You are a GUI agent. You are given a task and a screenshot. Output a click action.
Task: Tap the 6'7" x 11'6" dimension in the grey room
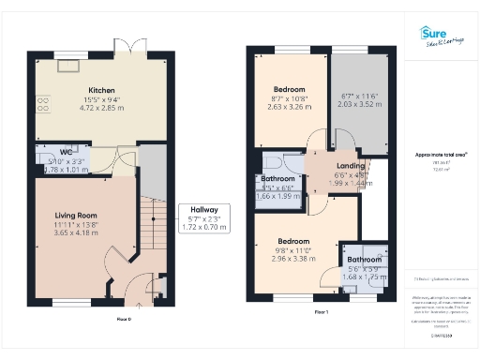pyautogui.click(x=357, y=97)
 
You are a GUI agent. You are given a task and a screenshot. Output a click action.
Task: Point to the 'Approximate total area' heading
pyautogui.click(x=441, y=153)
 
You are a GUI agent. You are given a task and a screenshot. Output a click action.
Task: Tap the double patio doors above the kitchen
pyautogui.click(x=126, y=47)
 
